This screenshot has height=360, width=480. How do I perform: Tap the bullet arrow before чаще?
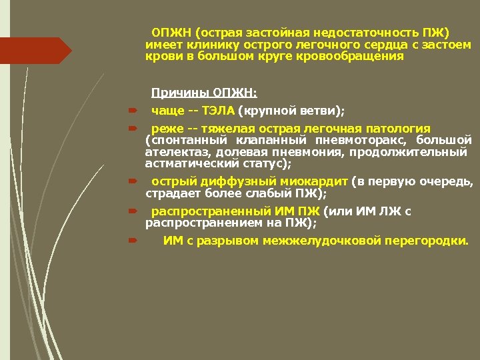pos(132,111)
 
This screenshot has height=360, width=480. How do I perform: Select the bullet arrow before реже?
pos(132,128)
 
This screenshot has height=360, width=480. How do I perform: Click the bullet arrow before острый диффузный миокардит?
pos(132,181)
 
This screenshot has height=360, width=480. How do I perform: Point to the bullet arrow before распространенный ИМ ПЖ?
pos(132,212)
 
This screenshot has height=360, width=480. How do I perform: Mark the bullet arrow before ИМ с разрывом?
pos(132,241)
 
